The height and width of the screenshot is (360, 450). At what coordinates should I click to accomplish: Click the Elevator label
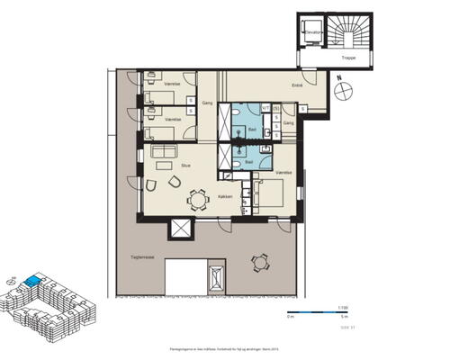(x=313, y=33)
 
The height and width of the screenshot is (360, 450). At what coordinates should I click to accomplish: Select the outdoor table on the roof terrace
(x=261, y=263)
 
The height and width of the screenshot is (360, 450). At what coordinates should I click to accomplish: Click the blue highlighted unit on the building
(x=32, y=282)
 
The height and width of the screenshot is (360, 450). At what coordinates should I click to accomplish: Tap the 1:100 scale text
(x=343, y=306)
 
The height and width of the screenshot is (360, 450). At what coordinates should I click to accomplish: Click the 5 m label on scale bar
(x=343, y=318)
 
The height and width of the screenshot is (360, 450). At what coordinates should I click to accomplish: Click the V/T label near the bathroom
(x=266, y=108)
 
